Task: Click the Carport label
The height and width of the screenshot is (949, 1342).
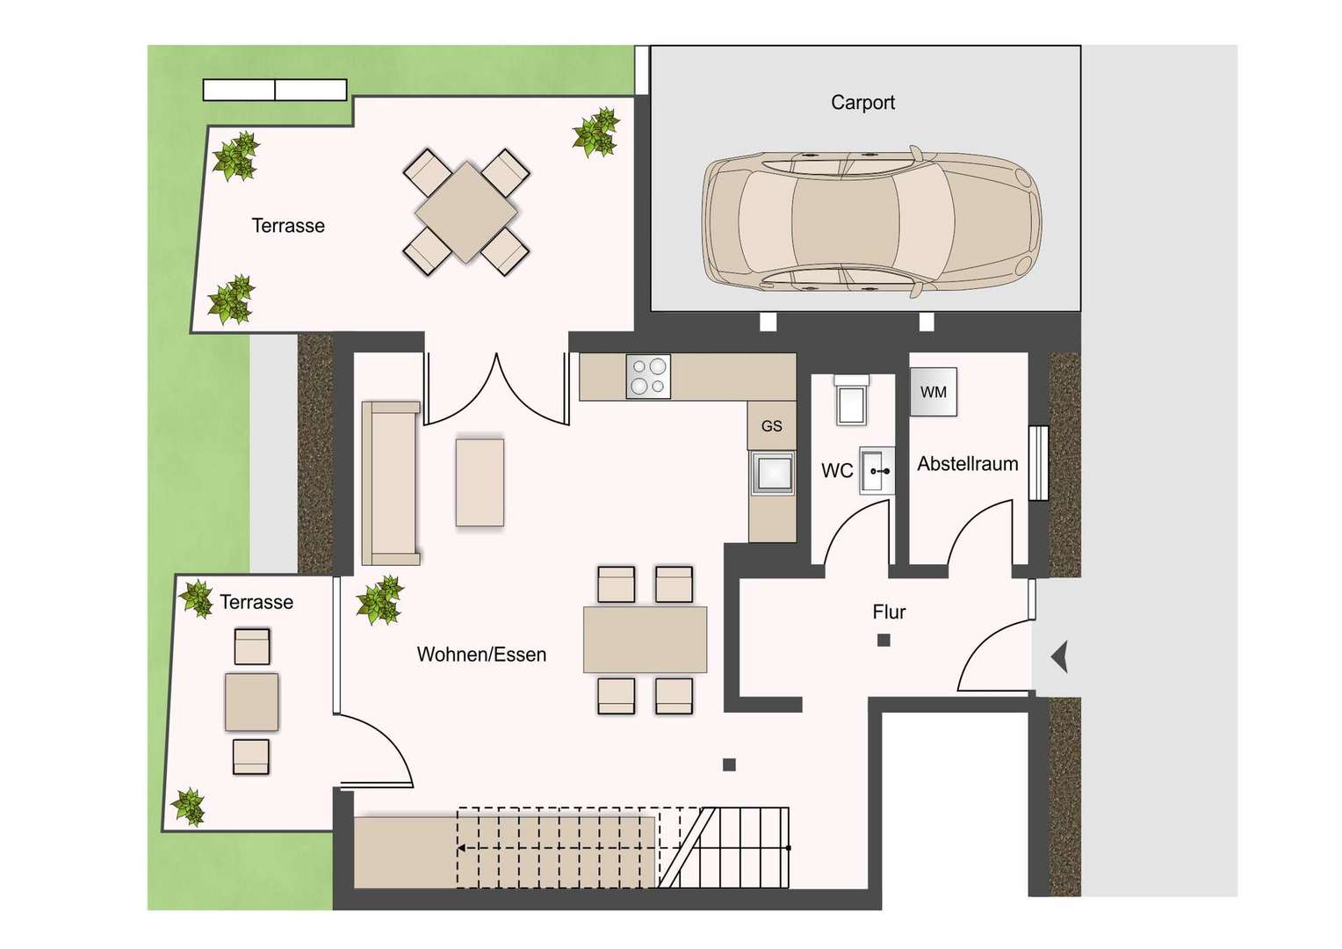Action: click(862, 103)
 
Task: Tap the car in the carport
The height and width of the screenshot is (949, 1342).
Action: click(872, 221)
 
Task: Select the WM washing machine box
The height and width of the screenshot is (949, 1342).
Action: click(934, 392)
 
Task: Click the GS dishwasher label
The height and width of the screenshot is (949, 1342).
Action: click(772, 425)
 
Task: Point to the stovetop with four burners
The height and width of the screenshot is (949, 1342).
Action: click(648, 376)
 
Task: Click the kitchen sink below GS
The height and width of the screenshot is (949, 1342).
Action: click(772, 474)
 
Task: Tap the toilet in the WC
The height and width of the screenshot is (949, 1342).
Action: click(851, 400)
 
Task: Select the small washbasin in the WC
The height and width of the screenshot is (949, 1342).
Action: click(877, 471)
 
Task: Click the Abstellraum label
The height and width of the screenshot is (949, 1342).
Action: click(968, 463)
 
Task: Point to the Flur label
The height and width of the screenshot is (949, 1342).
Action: click(889, 612)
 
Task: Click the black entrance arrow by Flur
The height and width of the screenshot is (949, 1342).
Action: click(1059, 656)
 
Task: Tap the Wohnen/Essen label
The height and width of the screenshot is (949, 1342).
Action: click(481, 654)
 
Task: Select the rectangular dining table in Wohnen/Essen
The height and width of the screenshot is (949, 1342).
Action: click(646, 640)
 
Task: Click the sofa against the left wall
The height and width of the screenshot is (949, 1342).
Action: click(391, 483)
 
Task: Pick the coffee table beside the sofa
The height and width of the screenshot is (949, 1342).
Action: click(480, 482)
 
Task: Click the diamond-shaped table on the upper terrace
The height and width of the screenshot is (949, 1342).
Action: click(466, 213)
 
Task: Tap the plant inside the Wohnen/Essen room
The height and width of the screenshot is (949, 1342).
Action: click(379, 600)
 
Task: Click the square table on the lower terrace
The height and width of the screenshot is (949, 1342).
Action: click(251, 702)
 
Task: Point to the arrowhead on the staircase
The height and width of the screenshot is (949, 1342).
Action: click(462, 848)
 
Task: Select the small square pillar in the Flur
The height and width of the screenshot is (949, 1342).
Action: click(884, 641)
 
